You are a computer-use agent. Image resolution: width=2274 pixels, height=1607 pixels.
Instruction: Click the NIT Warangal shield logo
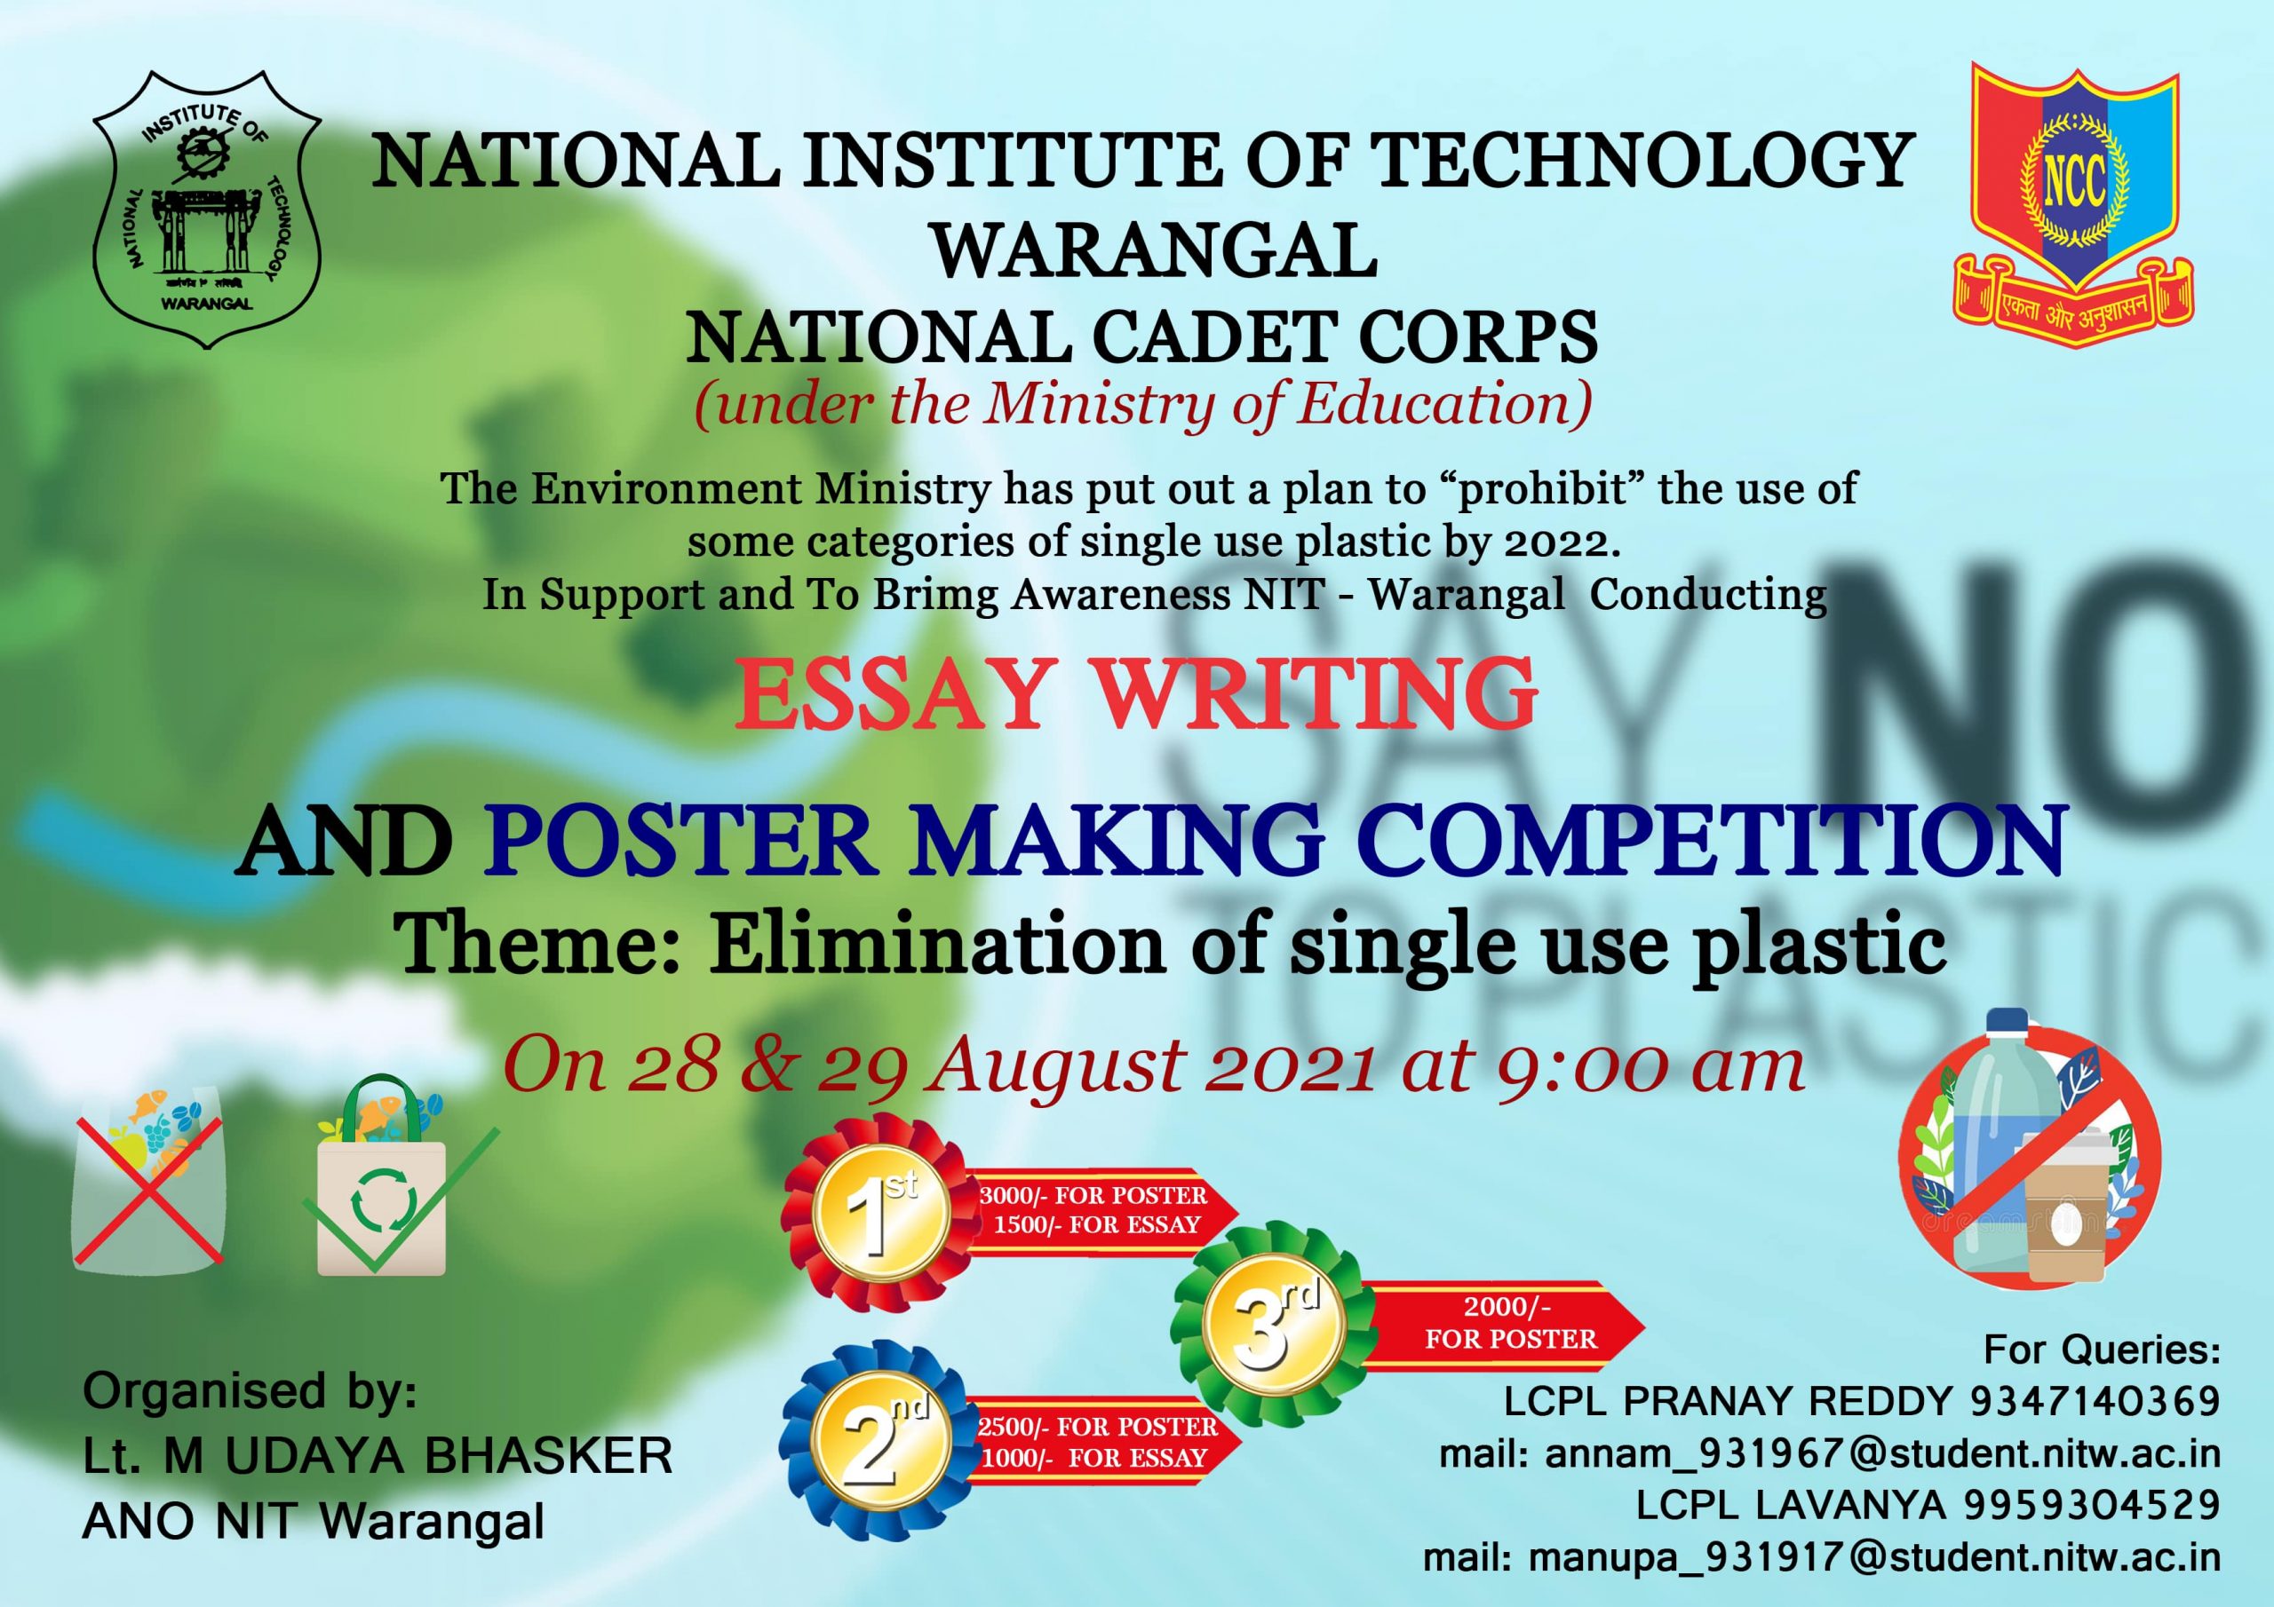(206, 209)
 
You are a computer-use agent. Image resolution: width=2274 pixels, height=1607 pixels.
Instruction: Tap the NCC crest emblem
(2073, 198)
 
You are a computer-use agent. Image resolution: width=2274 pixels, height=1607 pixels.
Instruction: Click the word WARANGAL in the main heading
(1155, 250)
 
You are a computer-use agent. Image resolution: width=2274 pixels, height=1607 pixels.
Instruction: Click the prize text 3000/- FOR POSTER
(1093, 1195)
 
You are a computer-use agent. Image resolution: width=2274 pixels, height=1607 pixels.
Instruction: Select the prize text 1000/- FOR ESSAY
(1094, 1459)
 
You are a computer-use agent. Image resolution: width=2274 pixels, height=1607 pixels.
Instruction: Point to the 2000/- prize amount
(1507, 1306)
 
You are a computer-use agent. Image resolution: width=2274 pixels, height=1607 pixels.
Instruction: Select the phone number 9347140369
(2095, 1401)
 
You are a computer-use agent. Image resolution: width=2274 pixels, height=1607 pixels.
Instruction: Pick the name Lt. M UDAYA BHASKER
(378, 1456)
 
